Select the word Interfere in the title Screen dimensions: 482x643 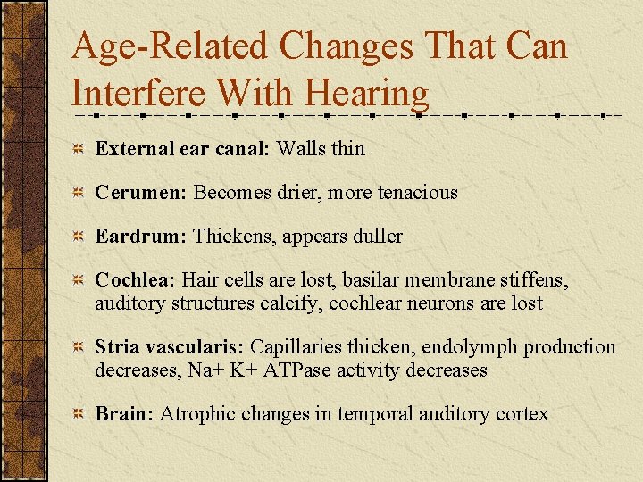[x=138, y=94]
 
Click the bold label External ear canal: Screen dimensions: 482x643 [x=182, y=148]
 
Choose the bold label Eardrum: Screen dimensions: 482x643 [x=140, y=237]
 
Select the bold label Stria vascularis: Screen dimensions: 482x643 [x=170, y=347]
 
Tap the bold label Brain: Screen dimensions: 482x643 [x=124, y=414]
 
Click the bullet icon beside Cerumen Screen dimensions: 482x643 [x=79, y=193]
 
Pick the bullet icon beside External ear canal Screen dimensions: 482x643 [x=79, y=149]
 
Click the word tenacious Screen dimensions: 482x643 [x=417, y=192]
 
